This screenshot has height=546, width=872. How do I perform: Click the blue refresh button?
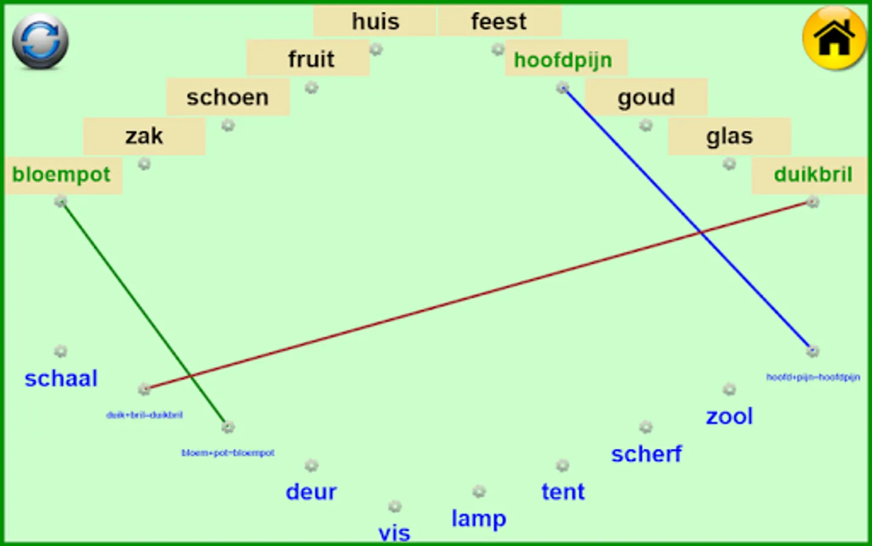tap(40, 41)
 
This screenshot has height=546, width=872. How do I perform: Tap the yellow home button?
tap(834, 38)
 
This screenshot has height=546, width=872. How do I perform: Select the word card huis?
tap(375, 22)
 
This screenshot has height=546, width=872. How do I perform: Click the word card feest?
tap(499, 22)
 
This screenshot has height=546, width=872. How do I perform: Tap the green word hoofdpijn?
tap(564, 60)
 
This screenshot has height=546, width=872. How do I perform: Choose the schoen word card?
tap(228, 97)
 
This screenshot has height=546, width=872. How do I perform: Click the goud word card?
tap(646, 97)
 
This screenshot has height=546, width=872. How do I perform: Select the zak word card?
tap(144, 136)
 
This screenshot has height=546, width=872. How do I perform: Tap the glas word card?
tap(729, 136)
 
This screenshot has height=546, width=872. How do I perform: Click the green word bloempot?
tap(61, 175)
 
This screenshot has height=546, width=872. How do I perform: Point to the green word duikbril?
tap(812, 175)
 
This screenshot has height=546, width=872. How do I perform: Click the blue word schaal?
tap(61, 379)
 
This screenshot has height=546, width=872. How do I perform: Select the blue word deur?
tap(311, 491)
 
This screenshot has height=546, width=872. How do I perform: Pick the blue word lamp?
tap(479, 519)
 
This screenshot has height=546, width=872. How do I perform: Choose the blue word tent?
tap(563, 491)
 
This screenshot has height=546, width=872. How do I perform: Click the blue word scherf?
tap(646, 454)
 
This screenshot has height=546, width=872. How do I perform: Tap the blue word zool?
tap(729, 416)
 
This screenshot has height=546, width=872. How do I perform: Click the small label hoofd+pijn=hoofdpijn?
tap(812, 377)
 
